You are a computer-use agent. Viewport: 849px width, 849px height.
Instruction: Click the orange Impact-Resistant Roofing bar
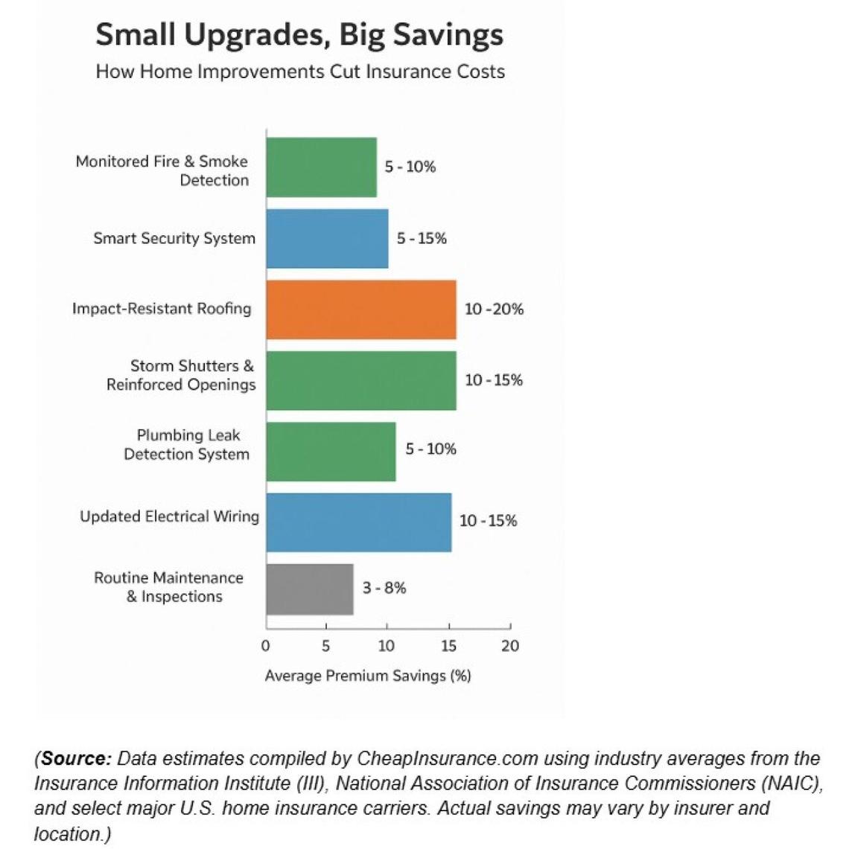click(x=361, y=310)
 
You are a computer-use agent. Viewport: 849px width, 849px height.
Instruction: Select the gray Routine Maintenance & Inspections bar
click(x=310, y=589)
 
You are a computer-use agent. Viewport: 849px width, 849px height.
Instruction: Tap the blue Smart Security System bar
click(x=327, y=239)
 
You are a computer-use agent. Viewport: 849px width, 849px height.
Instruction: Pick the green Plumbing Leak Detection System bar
click(x=331, y=452)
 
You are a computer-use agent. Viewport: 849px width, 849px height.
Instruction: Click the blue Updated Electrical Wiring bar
click(x=358, y=522)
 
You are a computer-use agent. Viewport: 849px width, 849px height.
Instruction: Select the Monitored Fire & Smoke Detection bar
click(x=321, y=167)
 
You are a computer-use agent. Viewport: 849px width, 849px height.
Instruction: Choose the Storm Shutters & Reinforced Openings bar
click(x=361, y=380)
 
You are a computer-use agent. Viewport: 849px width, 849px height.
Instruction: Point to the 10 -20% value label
click(x=494, y=310)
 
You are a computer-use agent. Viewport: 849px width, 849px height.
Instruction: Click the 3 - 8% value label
click(x=384, y=589)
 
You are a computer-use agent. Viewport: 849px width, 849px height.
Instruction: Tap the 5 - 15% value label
click(x=422, y=239)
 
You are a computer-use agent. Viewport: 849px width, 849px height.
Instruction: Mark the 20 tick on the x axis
click(x=509, y=646)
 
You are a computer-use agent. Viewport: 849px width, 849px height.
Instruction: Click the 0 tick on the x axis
click(x=266, y=646)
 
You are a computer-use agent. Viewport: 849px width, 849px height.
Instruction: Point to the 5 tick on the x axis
click(x=325, y=646)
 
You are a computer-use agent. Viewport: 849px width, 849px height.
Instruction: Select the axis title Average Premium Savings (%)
click(x=368, y=676)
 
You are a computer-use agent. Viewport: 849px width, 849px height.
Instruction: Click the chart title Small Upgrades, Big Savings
click(x=299, y=34)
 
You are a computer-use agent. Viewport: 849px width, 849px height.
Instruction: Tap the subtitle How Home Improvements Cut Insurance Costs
click(x=300, y=72)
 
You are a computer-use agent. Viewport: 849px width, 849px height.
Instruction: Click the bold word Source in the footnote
click(x=76, y=759)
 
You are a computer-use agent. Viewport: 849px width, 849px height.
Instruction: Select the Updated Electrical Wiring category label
click(x=169, y=517)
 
